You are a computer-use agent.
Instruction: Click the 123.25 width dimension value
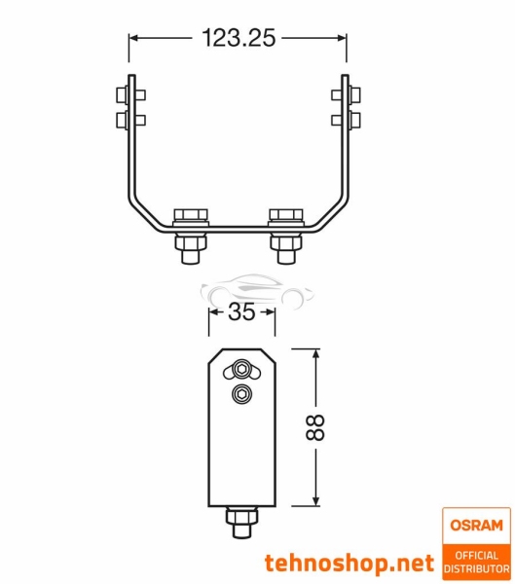(x=239, y=38)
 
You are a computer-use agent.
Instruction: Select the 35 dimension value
(x=240, y=313)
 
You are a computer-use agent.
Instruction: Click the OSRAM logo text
(x=476, y=526)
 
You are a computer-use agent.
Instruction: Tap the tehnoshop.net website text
(x=349, y=563)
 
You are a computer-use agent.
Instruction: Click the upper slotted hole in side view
(x=240, y=369)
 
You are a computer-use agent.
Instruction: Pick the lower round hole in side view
(x=240, y=393)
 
